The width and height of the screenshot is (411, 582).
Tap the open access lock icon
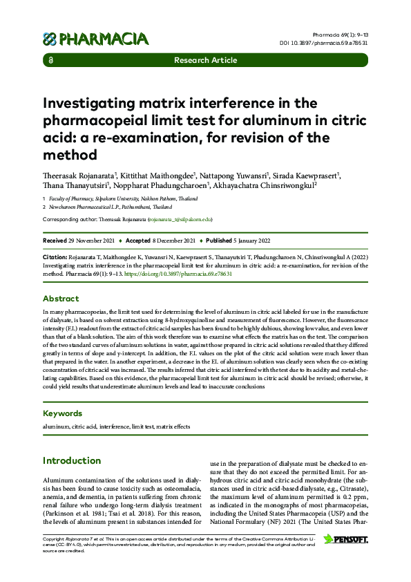pos(50,60)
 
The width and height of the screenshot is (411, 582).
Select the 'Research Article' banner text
pos(205,60)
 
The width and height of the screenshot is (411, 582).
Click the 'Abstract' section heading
pos(61,299)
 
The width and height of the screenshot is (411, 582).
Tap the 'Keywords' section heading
pos(63,413)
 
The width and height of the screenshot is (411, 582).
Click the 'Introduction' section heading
pos(72,460)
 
